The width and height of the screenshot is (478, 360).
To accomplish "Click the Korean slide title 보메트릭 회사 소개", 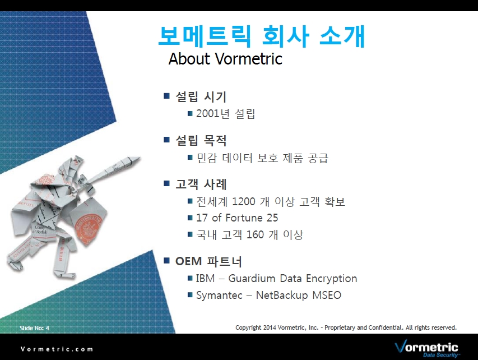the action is tap(262, 36).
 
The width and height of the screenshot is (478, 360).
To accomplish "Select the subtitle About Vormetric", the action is tap(225, 58).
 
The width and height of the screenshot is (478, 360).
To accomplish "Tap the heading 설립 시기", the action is tap(201, 96).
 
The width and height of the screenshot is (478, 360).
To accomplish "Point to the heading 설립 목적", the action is tap(201, 140).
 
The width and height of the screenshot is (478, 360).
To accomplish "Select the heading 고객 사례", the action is tap(201, 184).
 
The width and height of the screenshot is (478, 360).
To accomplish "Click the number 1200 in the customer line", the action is tap(244, 201).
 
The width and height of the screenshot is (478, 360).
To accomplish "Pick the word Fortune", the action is tap(244, 218).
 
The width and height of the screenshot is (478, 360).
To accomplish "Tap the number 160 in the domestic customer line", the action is tap(255, 234).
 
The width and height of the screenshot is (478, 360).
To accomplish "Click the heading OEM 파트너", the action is tap(208, 261).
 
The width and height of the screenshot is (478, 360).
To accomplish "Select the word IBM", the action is tap(205, 278).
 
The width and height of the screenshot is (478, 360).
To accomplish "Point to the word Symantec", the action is tap(219, 296).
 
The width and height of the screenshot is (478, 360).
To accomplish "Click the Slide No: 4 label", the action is tap(34, 328).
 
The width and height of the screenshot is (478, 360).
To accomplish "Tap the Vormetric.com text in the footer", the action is tap(57, 349).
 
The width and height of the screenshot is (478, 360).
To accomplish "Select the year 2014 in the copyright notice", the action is tap(270, 327).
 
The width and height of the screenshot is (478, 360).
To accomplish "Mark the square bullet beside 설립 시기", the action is tap(166, 96).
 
